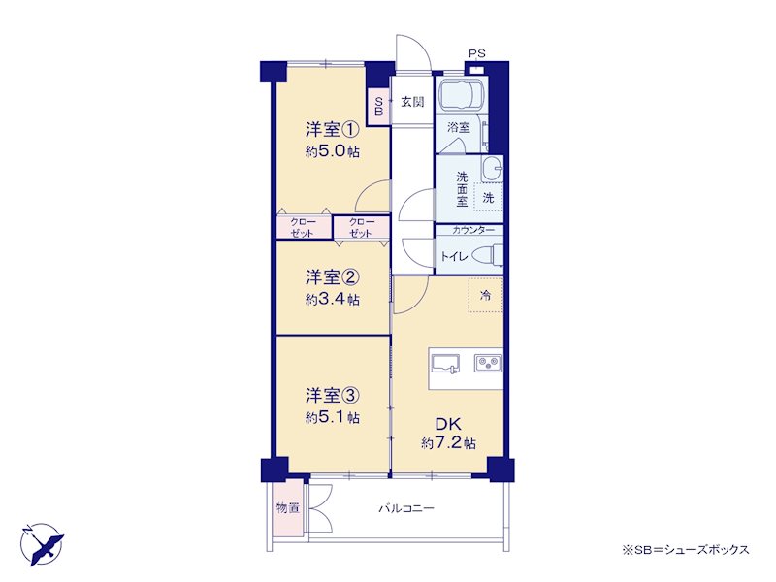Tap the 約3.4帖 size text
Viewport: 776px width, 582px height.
click(x=332, y=300)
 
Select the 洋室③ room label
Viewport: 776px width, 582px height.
click(x=332, y=396)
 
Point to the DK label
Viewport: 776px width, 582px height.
click(x=448, y=424)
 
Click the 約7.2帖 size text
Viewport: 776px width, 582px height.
click(x=448, y=442)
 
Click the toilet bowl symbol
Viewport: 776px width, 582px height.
click(x=487, y=255)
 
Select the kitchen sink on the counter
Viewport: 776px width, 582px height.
click(x=445, y=364)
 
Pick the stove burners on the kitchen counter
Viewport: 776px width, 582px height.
click(x=489, y=363)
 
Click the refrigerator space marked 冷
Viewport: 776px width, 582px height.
click(x=486, y=295)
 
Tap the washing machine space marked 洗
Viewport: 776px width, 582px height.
click(x=489, y=198)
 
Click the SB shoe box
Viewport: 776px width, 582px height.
click(x=378, y=107)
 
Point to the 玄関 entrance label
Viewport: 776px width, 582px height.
click(x=412, y=102)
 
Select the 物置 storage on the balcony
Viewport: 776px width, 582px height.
click(x=287, y=507)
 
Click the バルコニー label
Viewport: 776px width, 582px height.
click(x=406, y=508)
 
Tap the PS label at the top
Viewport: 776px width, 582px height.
click(x=477, y=53)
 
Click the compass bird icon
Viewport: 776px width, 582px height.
click(x=43, y=544)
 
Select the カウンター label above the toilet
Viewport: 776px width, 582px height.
click(x=473, y=230)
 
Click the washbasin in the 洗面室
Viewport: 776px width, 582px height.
click(x=492, y=168)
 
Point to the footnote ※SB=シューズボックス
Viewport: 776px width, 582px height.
click(x=686, y=549)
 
